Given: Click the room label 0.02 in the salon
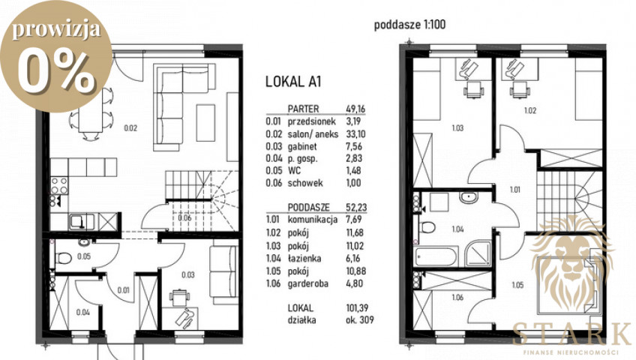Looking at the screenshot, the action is [x=130, y=128].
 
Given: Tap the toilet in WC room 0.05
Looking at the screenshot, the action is [x=63, y=258].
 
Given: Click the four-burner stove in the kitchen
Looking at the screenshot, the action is [x=58, y=186].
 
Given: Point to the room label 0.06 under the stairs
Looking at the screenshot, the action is [x=184, y=217].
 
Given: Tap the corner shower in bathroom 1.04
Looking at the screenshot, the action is [x=478, y=253].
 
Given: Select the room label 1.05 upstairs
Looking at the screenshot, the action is [x=517, y=285].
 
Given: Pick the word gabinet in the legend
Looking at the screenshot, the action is [x=302, y=146].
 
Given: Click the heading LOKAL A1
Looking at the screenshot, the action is [x=293, y=82].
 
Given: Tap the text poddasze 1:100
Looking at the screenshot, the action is [x=409, y=25].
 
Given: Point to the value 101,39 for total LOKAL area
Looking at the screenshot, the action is [x=357, y=308].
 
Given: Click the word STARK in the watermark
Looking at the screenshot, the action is [x=571, y=334].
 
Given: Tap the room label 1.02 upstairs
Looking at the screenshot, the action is [x=530, y=110].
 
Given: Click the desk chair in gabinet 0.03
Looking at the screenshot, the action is [x=178, y=297].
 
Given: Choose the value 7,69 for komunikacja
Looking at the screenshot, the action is [x=354, y=219].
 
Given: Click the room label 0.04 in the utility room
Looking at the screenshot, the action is [x=83, y=312].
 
